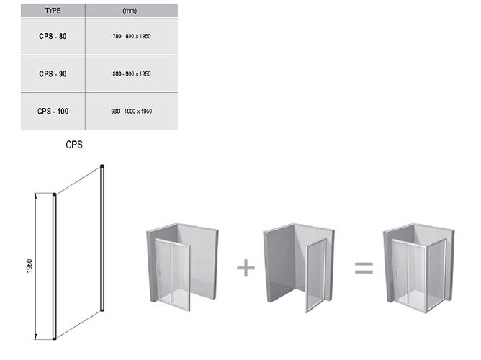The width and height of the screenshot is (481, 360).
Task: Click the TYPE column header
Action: [x=53, y=10]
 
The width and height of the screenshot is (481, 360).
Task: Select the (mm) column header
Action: [x=130, y=11]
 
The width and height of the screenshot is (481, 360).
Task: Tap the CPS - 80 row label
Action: [x=53, y=36]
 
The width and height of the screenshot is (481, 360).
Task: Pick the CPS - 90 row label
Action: [x=53, y=74]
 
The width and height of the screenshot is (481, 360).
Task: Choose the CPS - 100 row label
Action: [x=53, y=112]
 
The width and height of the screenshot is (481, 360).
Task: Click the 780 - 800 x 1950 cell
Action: [x=132, y=36]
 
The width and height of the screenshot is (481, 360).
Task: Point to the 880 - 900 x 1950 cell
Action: [x=132, y=74]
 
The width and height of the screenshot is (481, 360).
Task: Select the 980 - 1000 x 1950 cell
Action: [x=132, y=112]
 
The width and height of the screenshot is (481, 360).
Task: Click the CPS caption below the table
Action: [x=74, y=145]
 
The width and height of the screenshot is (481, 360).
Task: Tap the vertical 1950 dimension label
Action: [x=30, y=266]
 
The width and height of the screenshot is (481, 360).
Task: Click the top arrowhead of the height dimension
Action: [x=36, y=196]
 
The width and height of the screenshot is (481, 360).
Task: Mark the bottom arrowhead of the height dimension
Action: [x=36, y=336]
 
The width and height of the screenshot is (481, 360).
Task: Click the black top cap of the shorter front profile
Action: [x=54, y=194]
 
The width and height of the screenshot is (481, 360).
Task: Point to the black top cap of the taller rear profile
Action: [x=102, y=166]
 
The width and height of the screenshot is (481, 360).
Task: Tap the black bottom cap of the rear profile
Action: [x=102, y=310]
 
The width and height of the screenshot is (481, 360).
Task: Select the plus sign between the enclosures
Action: [x=246, y=268]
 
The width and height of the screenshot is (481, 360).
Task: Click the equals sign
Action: [x=364, y=268]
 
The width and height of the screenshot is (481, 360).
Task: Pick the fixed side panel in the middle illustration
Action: [x=315, y=275]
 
